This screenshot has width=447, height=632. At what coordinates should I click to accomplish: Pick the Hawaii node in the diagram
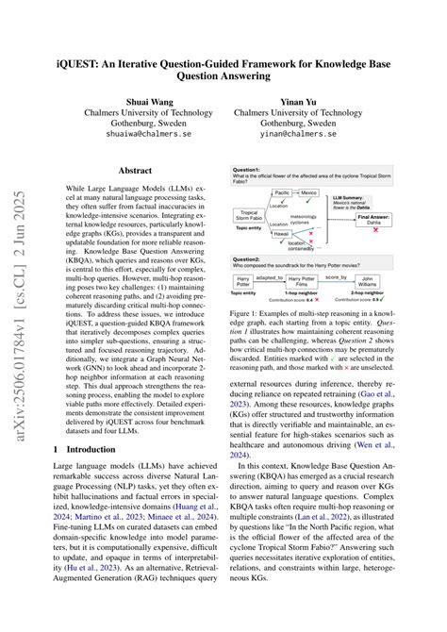(x=281, y=234)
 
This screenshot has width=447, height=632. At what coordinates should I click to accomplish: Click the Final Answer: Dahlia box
(x=374, y=220)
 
